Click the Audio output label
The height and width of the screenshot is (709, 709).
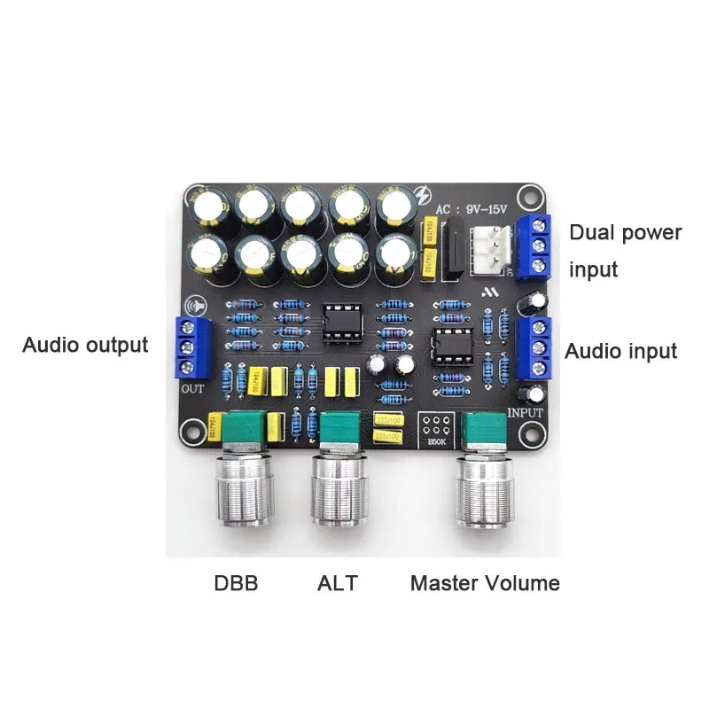pyautogui.click(x=85, y=345)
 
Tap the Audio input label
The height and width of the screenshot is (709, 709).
pyautogui.click(x=620, y=351)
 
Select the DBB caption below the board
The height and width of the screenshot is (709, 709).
pyautogui.click(x=236, y=583)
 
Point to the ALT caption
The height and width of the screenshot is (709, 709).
pyautogui.click(x=337, y=583)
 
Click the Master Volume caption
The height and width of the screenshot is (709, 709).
pyautogui.click(x=485, y=583)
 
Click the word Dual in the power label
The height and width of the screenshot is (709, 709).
pyautogui.click(x=594, y=233)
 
